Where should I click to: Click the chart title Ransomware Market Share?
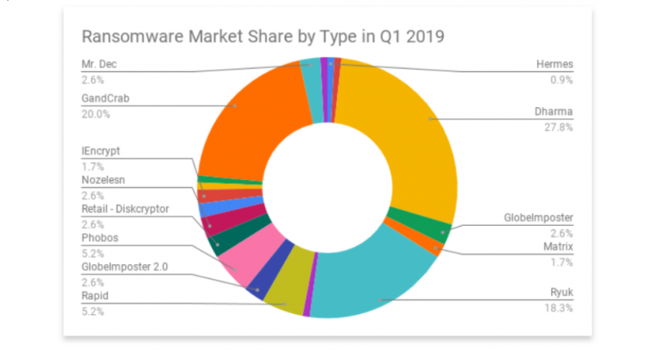click(x=262, y=37)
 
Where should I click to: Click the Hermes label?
click(x=555, y=65)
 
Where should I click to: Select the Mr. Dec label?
click(x=100, y=65)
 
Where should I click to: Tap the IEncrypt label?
click(x=102, y=151)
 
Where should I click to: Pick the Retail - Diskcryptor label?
click(x=125, y=209)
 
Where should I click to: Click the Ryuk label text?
click(x=561, y=293)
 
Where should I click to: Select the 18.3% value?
click(x=560, y=308)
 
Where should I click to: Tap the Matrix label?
click(x=557, y=245)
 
